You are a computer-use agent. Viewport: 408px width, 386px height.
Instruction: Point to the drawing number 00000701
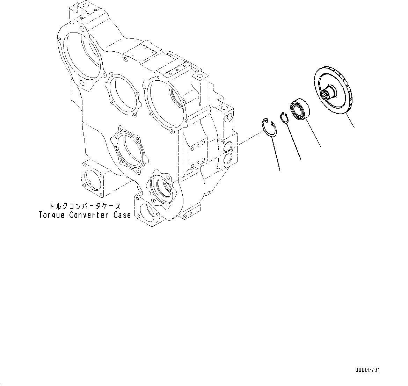click(367, 370)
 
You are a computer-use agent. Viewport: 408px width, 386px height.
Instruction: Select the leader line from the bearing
click(313, 133)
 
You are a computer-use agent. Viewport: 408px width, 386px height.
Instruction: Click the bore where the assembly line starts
click(162, 187)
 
